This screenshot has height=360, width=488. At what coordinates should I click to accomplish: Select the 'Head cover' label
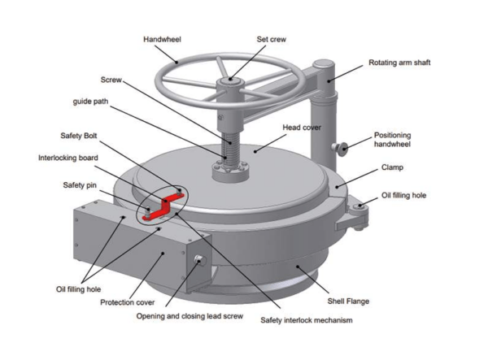coord(302,128)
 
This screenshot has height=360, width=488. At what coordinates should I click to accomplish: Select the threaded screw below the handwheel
coord(230,146)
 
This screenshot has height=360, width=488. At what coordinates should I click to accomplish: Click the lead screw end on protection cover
coord(198,260)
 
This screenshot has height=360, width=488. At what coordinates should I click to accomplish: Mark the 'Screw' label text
coord(111,80)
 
